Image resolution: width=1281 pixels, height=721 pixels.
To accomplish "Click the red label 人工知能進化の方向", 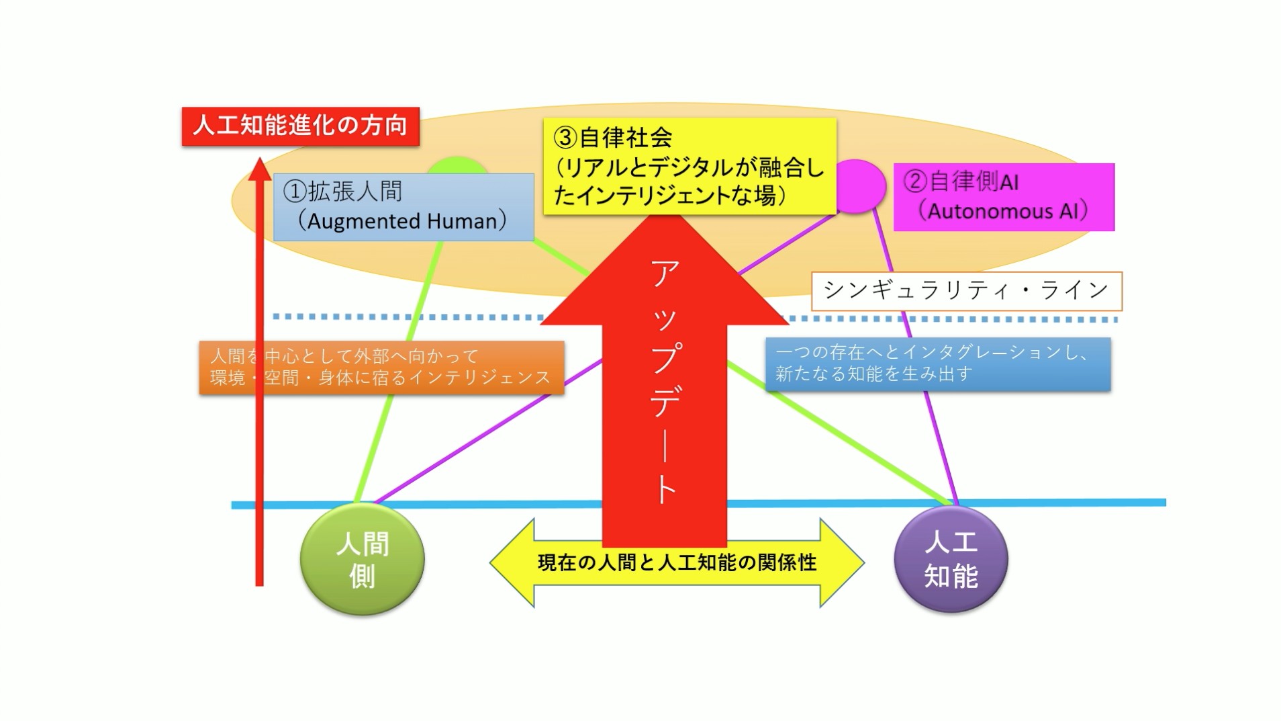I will (300, 126).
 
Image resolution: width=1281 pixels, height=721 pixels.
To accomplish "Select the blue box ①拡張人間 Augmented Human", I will (404, 207).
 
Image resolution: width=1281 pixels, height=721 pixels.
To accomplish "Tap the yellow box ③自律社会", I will (690, 167).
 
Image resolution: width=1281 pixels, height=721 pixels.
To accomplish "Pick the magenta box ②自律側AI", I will (1004, 197).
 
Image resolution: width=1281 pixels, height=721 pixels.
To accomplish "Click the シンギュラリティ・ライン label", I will (966, 290).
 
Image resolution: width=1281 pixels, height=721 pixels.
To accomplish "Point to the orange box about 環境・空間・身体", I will (381, 367).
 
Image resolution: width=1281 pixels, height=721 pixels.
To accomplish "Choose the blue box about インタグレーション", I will (937, 364).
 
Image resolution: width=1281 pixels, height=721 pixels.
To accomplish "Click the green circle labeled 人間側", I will (362, 560).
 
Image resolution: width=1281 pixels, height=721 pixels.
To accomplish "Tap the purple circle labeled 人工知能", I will (951, 559).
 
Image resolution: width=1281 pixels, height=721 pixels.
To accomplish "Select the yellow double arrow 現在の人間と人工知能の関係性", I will (677, 562).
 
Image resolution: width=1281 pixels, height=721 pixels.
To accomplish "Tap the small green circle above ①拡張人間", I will (457, 166).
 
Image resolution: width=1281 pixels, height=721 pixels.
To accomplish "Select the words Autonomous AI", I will (1003, 211).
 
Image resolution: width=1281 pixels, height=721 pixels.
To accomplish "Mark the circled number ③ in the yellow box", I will (565, 138).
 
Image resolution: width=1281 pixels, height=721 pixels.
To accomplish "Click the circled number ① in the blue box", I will (295, 192).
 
